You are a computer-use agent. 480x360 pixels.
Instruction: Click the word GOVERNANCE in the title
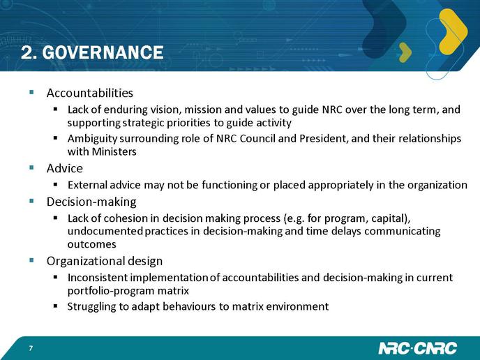[103, 52]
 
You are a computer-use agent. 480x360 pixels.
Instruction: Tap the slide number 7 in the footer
[31, 348]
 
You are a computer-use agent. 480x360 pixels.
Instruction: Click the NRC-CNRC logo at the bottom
[417, 348]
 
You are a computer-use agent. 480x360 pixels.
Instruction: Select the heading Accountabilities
[90, 93]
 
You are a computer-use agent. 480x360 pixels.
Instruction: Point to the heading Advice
[65, 168]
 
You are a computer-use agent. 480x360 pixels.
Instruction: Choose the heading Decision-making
[91, 202]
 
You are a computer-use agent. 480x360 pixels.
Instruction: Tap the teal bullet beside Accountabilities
[31, 92]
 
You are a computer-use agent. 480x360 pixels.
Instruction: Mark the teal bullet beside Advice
[31, 167]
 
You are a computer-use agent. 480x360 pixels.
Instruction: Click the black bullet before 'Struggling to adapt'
[55, 306]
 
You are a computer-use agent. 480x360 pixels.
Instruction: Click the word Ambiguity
[92, 139]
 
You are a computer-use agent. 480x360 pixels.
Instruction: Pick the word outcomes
[92, 244]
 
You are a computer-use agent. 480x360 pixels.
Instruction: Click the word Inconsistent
[98, 278]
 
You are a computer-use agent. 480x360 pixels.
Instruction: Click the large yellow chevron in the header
[453, 31]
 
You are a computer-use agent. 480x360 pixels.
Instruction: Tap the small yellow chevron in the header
[405, 52]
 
